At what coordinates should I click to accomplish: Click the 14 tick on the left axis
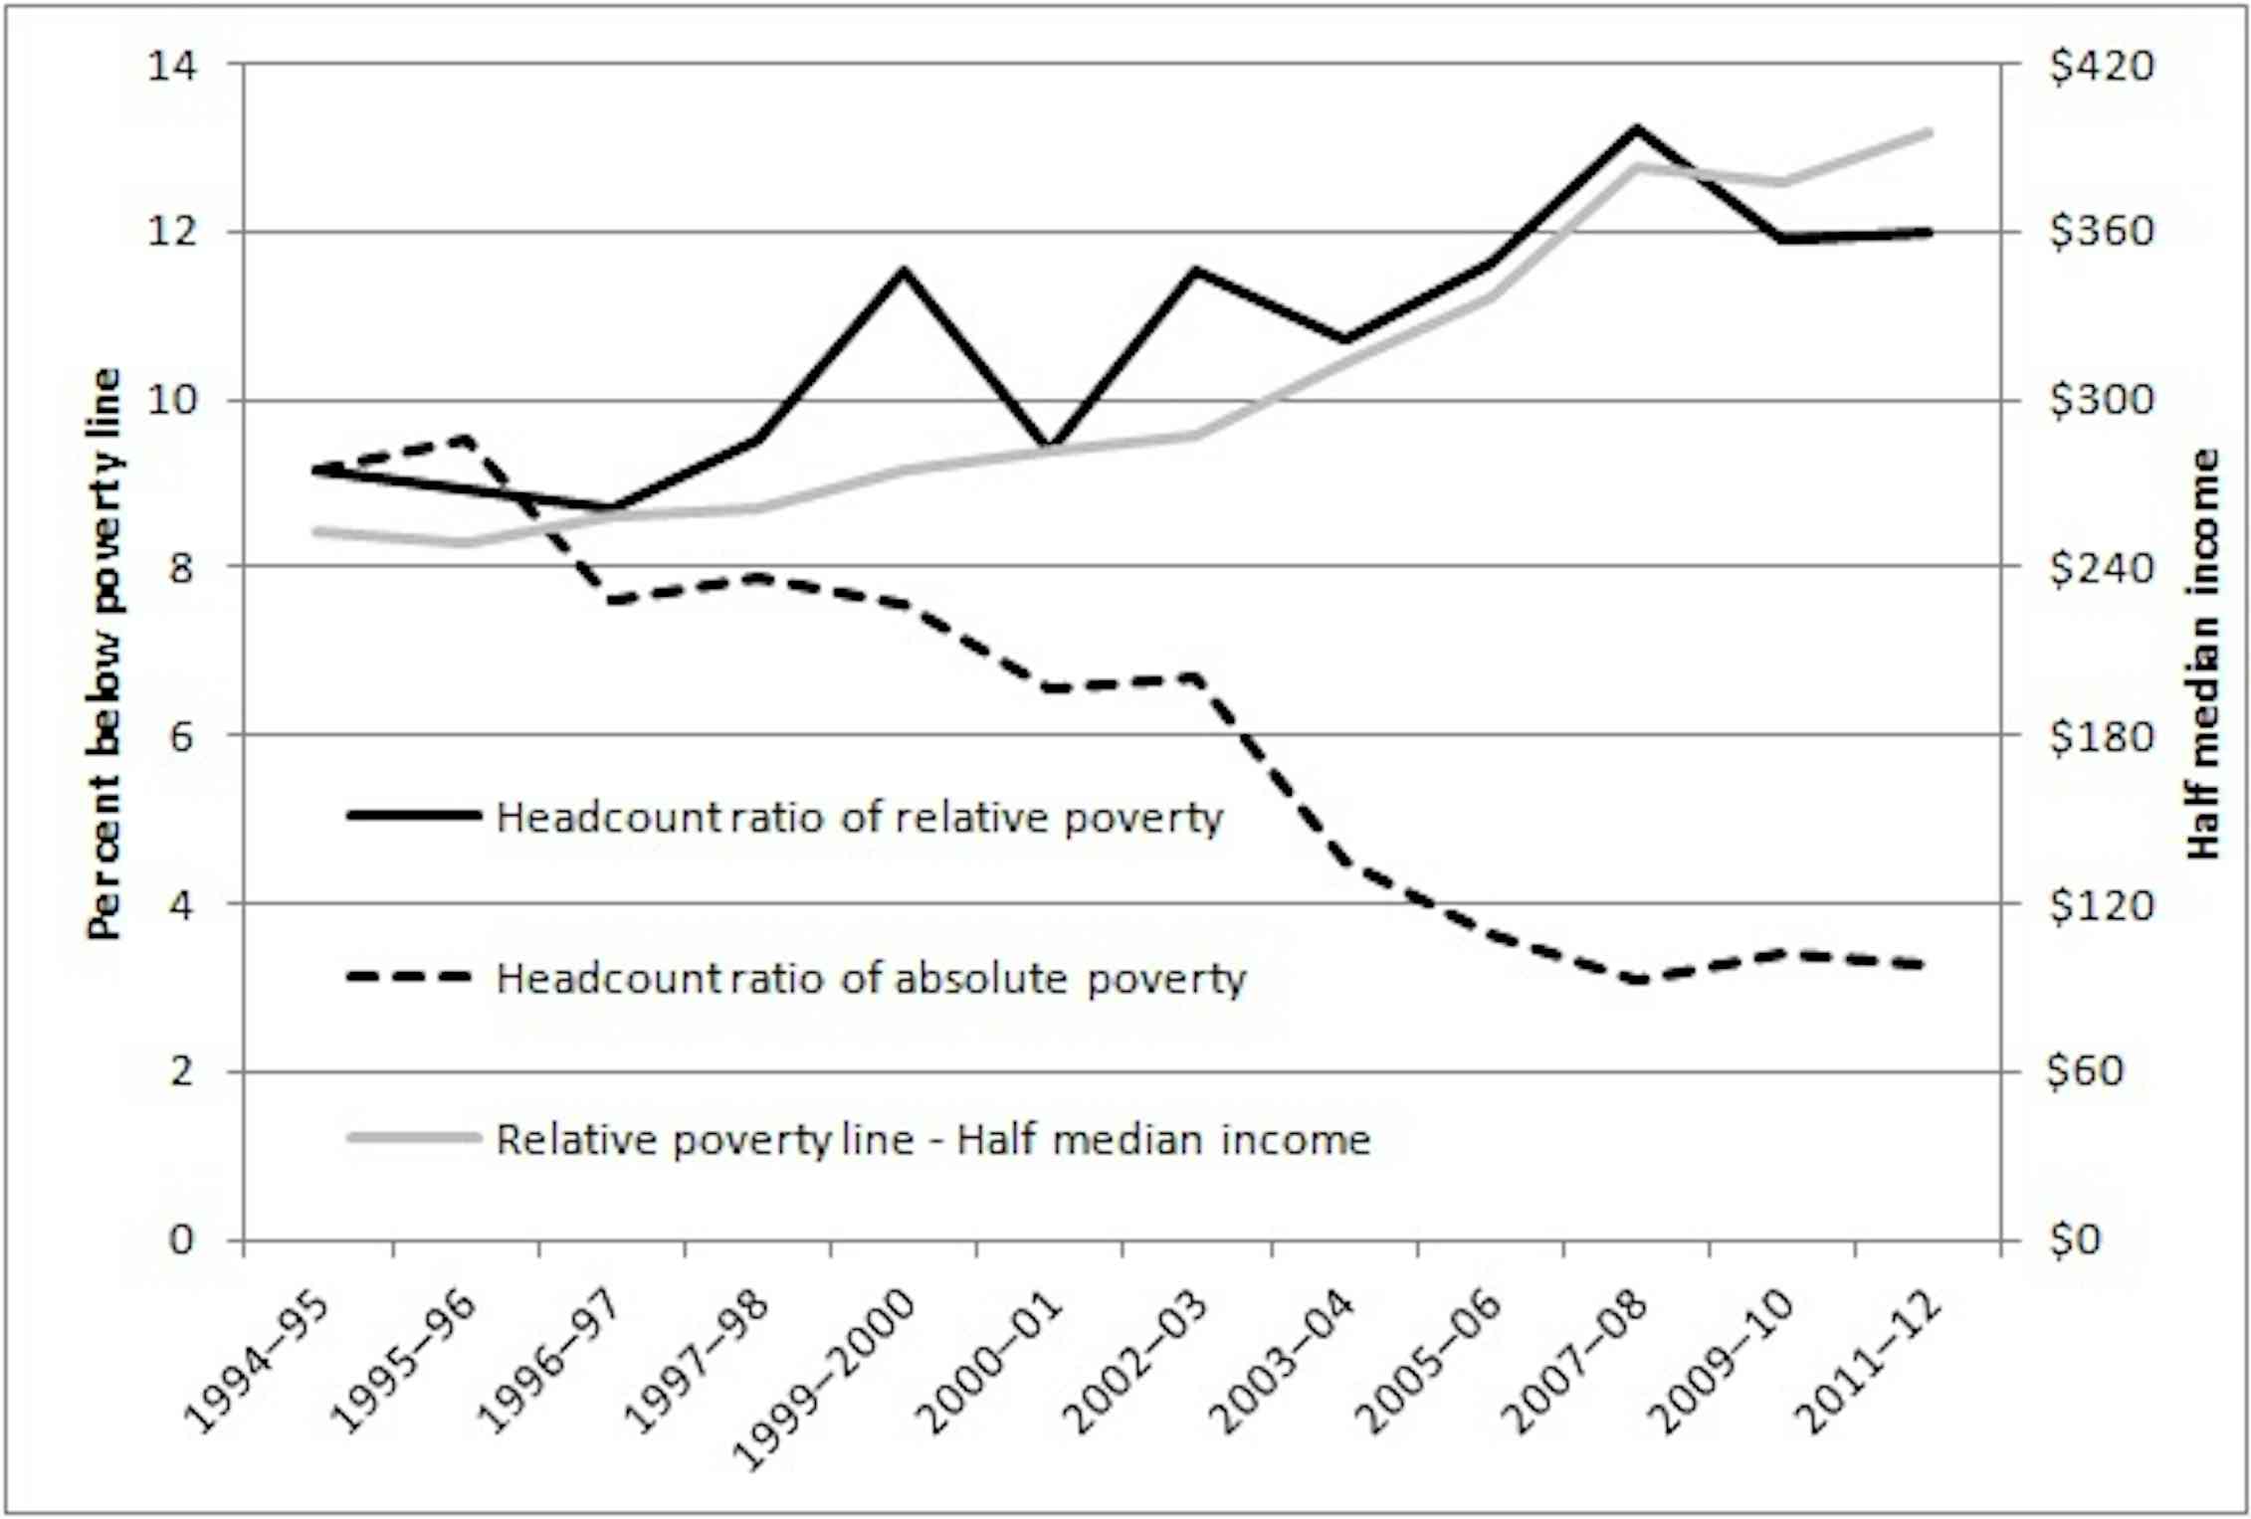pos(172,66)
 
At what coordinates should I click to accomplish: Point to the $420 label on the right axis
pos(2101,66)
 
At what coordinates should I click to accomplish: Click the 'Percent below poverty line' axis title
pos(103,654)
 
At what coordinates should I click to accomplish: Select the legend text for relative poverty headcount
pos(860,818)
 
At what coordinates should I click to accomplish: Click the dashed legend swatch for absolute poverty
pos(410,977)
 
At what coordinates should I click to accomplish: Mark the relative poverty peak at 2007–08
pos(1635,128)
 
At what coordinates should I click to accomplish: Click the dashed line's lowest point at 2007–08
pos(1635,980)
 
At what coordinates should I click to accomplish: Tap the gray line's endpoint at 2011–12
pos(1928,131)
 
